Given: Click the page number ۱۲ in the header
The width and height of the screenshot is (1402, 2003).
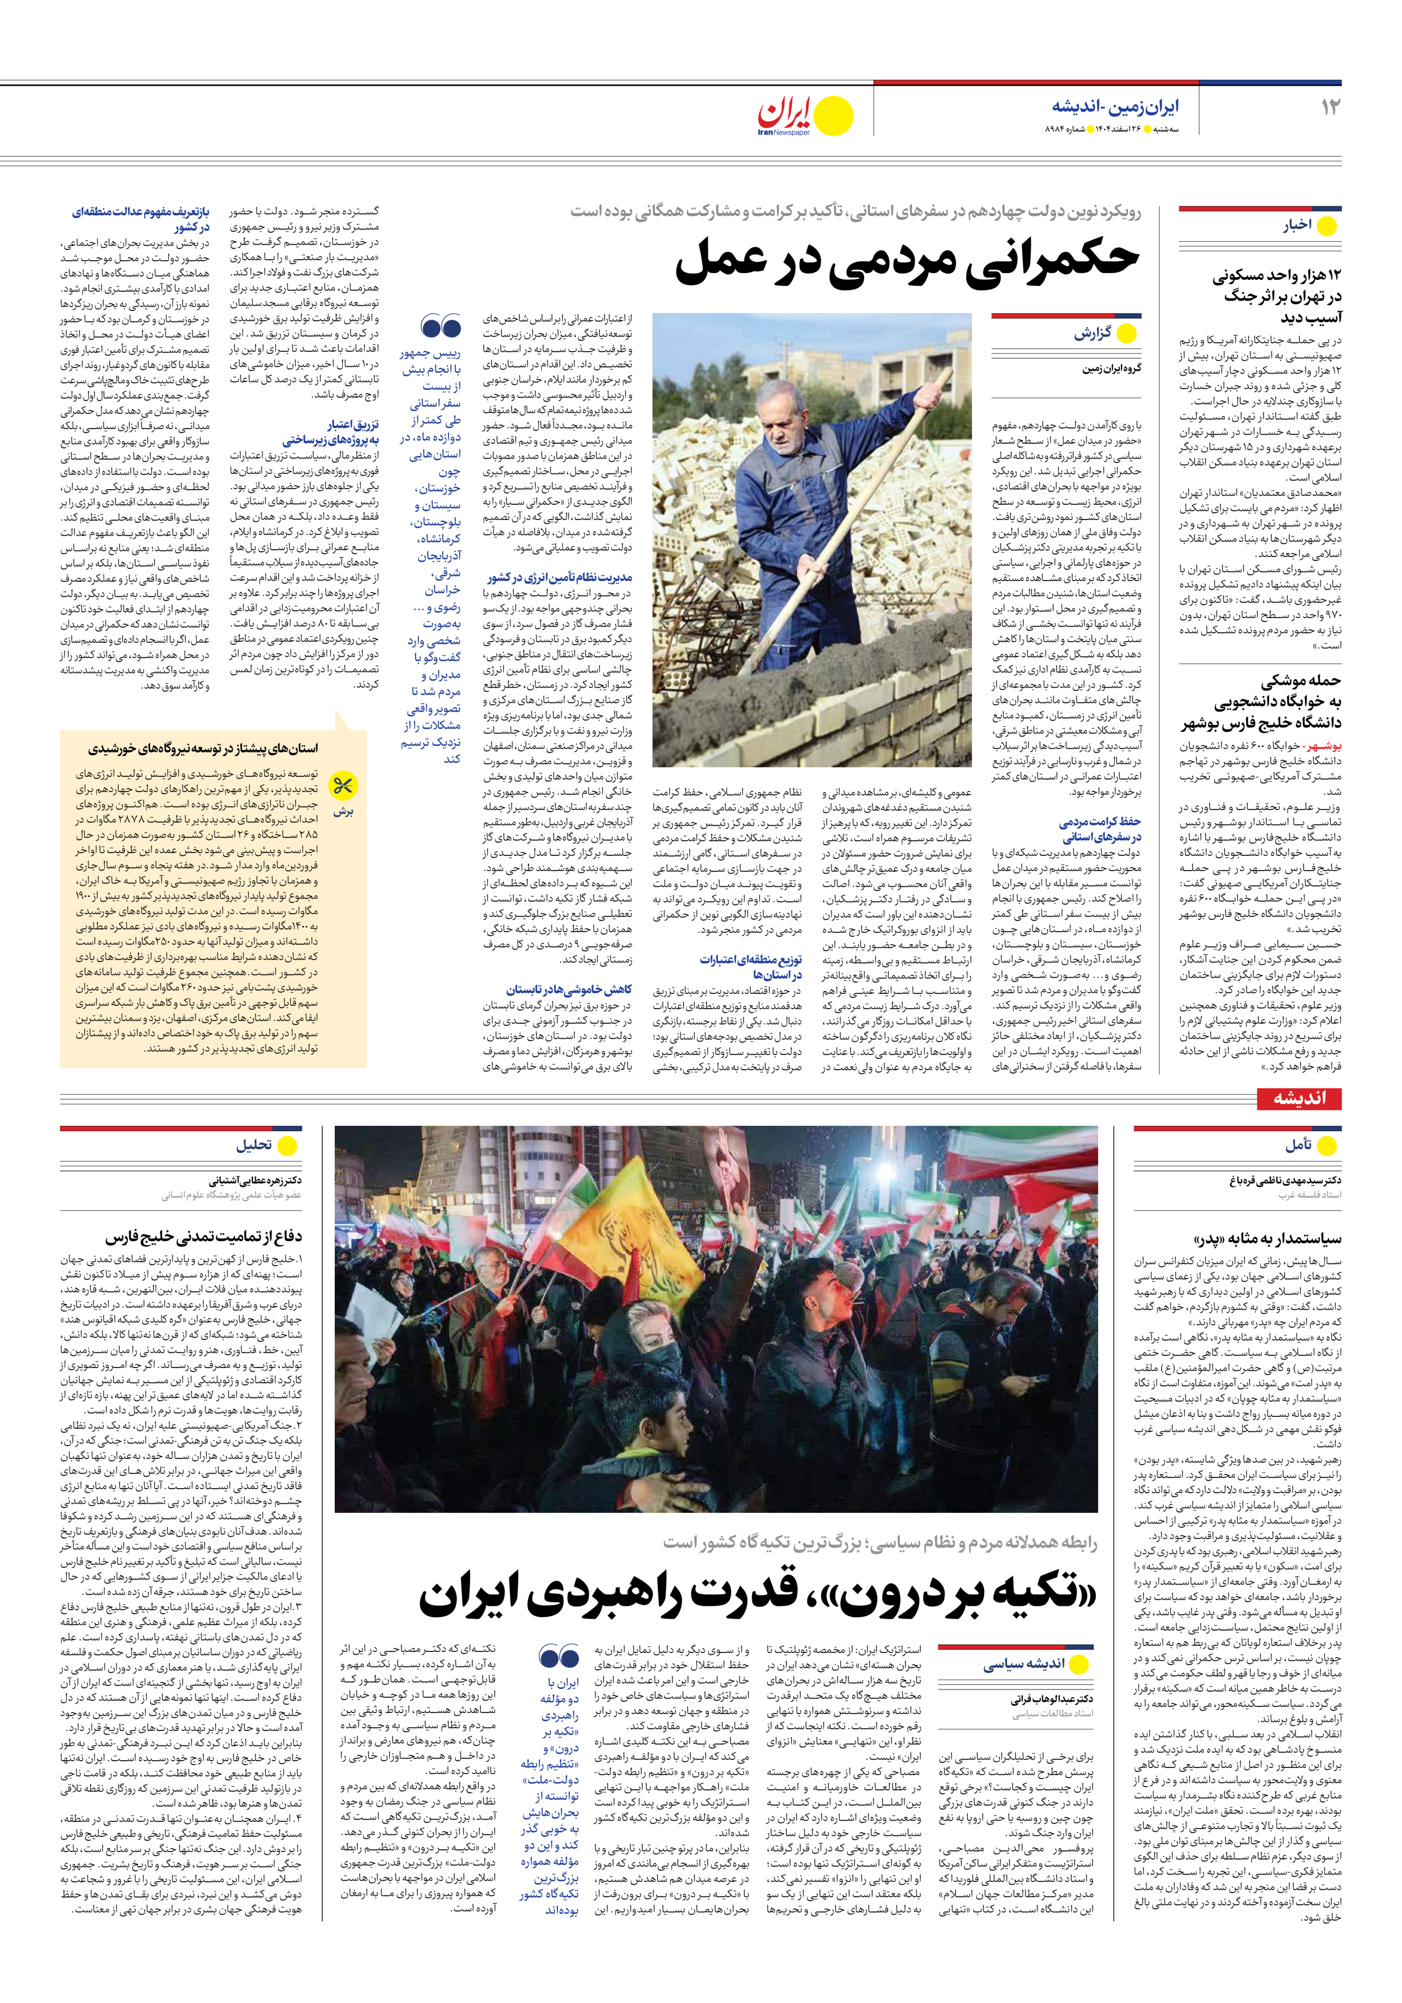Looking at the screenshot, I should click(x=1330, y=107).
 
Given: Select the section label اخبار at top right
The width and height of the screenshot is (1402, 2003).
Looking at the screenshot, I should click(x=1297, y=225).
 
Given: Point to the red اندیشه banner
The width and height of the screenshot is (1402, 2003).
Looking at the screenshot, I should click(x=1299, y=1098).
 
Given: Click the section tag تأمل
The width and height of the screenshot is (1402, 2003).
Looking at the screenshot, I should click(x=1297, y=1145).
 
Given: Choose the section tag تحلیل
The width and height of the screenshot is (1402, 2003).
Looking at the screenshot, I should click(x=254, y=1145).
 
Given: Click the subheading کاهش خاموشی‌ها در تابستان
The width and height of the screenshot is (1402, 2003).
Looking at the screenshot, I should click(x=569, y=989).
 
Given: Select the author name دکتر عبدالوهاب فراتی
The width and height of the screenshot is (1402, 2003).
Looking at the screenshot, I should click(x=1051, y=1700).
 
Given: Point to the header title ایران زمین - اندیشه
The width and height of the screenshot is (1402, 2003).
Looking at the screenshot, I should click(x=1114, y=107).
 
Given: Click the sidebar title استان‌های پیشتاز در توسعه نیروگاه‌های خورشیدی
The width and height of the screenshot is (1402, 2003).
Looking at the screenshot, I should click(x=202, y=748).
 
